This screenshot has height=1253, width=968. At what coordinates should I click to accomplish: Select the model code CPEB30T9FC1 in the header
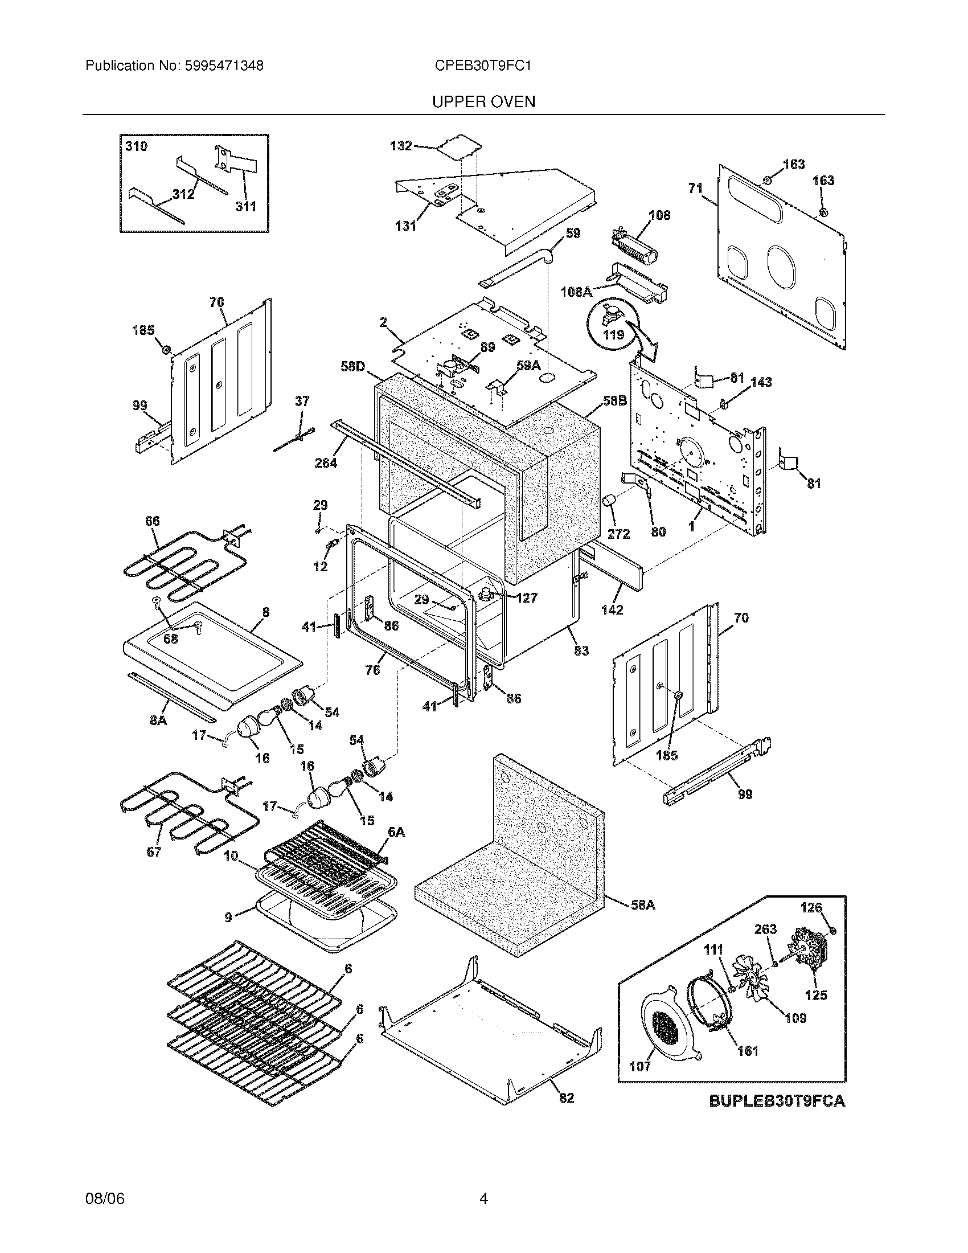pos(483,66)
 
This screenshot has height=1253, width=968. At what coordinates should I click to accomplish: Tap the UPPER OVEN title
pos(483,102)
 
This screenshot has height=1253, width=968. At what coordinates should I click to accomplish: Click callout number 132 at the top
pos(401,146)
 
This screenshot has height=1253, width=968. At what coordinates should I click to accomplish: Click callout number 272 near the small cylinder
pos(618,534)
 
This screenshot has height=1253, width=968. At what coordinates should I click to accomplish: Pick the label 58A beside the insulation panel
pos(643,905)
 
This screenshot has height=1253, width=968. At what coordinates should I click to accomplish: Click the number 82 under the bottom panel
pos(567,1098)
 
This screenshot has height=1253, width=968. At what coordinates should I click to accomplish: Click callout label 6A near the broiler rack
pos(396,832)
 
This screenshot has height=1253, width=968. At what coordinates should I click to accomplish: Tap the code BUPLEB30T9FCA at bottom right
pos(777,1101)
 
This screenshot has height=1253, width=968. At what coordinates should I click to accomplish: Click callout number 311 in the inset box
pos(245,206)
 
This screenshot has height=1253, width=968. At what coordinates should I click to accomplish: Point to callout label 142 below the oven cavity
pos(612,610)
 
